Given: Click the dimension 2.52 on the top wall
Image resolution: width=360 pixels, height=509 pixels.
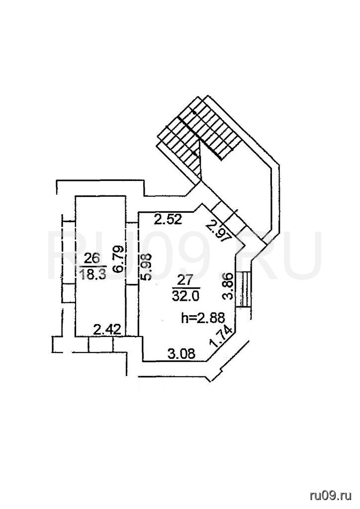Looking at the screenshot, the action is (x=168, y=220).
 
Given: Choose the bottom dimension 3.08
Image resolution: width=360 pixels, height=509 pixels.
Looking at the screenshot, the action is (x=181, y=353).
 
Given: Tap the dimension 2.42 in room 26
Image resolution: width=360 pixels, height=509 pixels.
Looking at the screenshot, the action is (x=107, y=330).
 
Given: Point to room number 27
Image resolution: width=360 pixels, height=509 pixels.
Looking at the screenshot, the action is (x=186, y=280).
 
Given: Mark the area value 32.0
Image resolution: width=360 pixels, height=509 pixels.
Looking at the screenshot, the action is (x=186, y=295).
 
